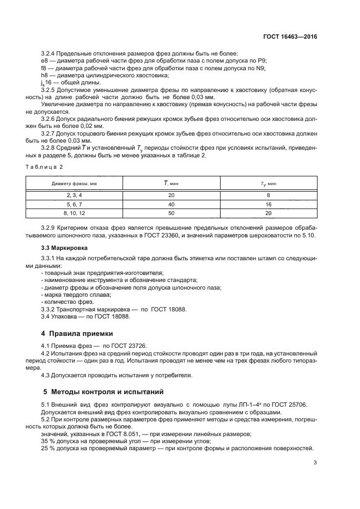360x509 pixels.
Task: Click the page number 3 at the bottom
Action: tap(315, 463)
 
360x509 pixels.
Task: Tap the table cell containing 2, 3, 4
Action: tap(74, 194)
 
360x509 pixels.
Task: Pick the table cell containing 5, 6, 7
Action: tap(74, 204)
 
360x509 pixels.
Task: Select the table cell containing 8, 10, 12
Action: tap(74, 213)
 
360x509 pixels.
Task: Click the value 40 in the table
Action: tap(172, 204)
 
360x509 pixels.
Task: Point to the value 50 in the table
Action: tap(172, 213)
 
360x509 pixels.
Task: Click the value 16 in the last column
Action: tap(268, 204)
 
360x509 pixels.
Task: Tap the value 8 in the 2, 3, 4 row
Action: tap(268, 194)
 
